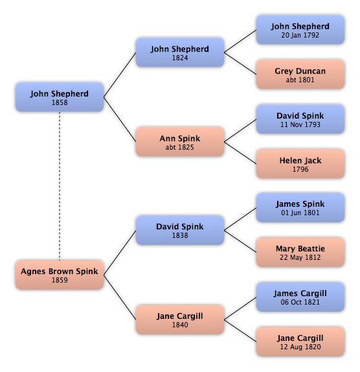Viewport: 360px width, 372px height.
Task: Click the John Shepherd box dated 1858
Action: [x=60, y=97]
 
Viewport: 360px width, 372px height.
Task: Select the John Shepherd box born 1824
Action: [x=180, y=52]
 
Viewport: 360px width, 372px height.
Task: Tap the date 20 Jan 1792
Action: [x=300, y=35]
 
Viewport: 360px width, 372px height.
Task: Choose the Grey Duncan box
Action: [x=300, y=75]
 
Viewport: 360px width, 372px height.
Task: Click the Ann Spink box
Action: [x=180, y=142]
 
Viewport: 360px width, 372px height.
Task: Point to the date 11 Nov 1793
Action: [x=300, y=124]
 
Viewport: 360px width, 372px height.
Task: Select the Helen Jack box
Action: [x=300, y=164]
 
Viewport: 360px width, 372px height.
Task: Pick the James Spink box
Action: [x=300, y=207]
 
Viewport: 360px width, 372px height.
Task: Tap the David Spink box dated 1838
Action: [x=180, y=230]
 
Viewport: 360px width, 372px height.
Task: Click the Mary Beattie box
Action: [x=300, y=252]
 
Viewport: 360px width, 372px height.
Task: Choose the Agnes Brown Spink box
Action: [x=60, y=275]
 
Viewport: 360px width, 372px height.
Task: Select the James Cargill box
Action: [x=300, y=297]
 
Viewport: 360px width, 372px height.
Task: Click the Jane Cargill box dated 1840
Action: [x=180, y=320]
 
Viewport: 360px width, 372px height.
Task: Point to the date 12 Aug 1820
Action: [x=300, y=347]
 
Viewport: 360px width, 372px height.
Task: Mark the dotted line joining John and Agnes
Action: [x=60, y=186]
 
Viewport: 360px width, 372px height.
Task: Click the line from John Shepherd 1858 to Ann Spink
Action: [x=120, y=119]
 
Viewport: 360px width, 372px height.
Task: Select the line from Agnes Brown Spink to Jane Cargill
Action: [x=120, y=297]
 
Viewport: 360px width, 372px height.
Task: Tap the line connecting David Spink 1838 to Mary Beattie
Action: [x=240, y=241]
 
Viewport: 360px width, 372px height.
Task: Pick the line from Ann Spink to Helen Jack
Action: [x=240, y=153]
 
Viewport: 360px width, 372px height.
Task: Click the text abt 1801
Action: [x=300, y=80]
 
